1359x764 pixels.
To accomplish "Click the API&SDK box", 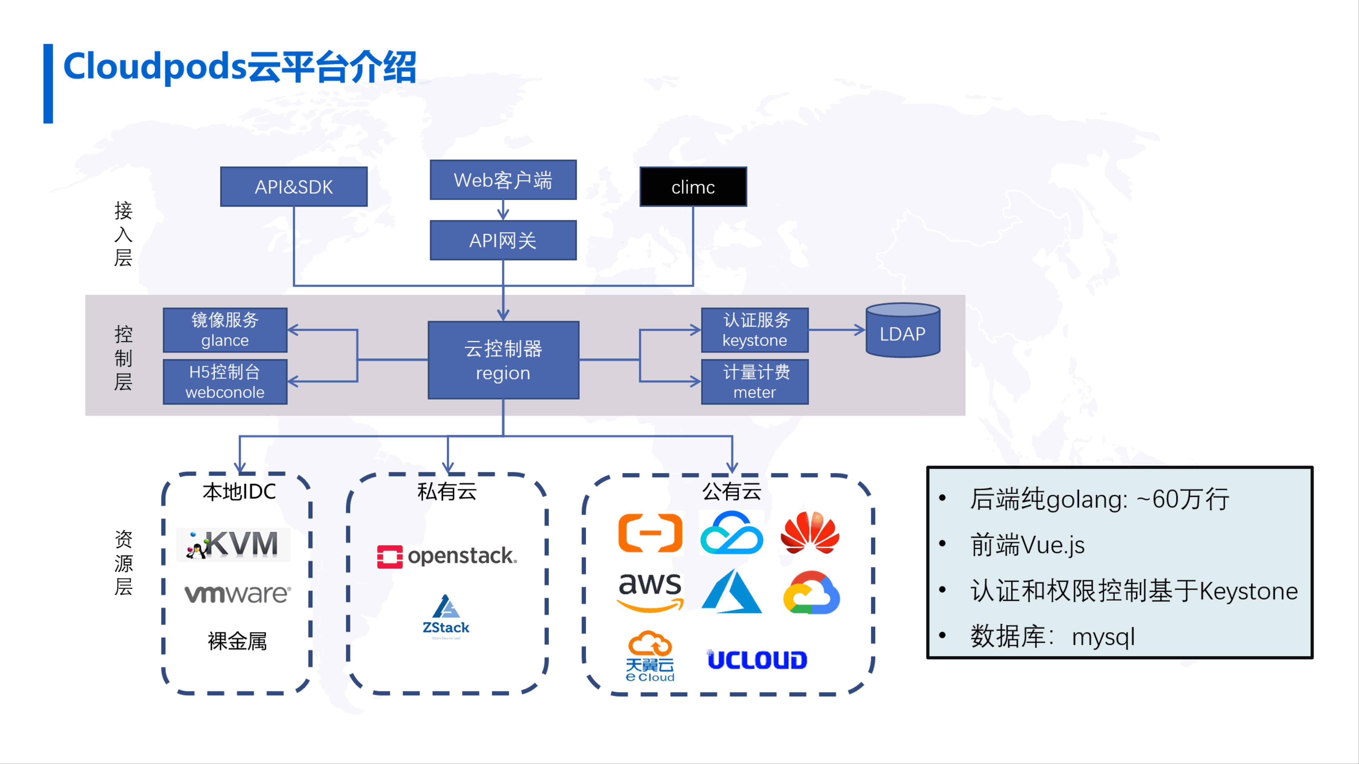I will [x=294, y=187].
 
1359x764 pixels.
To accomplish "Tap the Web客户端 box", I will [x=503, y=180].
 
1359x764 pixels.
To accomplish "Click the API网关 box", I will [x=503, y=240].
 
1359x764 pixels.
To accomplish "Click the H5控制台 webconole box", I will [x=225, y=382].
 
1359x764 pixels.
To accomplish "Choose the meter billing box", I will [x=754, y=382].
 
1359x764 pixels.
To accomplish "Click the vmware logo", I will [x=238, y=593].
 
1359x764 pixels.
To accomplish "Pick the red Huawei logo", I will [x=810, y=533].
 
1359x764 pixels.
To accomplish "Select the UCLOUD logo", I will [x=757, y=660].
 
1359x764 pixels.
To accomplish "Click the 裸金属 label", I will [x=238, y=641].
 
